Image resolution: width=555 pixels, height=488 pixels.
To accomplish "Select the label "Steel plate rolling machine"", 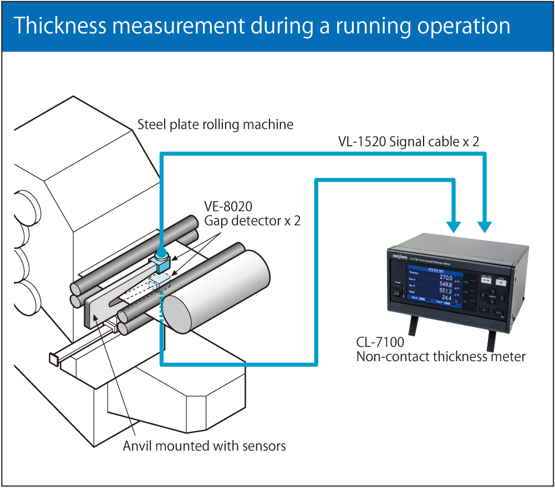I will coord(215,125).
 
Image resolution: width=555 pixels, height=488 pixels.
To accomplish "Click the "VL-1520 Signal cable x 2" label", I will coord(409,142).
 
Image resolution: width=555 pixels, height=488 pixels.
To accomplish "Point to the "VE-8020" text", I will coord(228,207).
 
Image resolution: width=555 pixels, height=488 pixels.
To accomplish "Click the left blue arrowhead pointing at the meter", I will coord(454,226).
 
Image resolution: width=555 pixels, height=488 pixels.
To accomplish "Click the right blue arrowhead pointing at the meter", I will coord(485,226).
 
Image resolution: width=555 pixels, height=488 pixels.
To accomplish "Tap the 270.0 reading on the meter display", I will coord(446,278).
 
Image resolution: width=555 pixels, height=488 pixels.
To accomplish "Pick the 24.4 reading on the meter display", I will coord(447,297).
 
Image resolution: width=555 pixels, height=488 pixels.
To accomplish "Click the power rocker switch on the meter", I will coord(396,290).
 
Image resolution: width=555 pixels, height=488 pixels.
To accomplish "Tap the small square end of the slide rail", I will coord(54,358).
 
